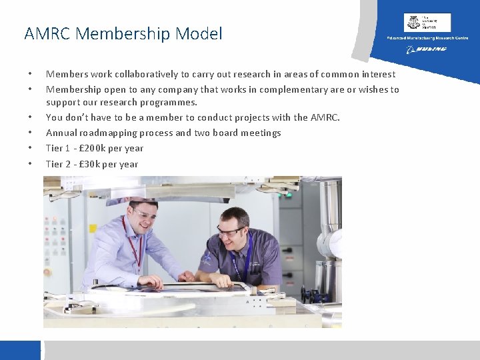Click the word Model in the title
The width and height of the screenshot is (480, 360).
coord(199,33)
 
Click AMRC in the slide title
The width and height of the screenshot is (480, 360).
coord(47,33)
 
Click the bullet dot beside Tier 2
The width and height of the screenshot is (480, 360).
coord(30,164)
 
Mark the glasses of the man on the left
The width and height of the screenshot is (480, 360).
coord(145,215)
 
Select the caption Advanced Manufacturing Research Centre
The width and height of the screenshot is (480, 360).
coord(427,38)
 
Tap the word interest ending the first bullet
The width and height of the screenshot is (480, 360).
coord(378,74)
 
